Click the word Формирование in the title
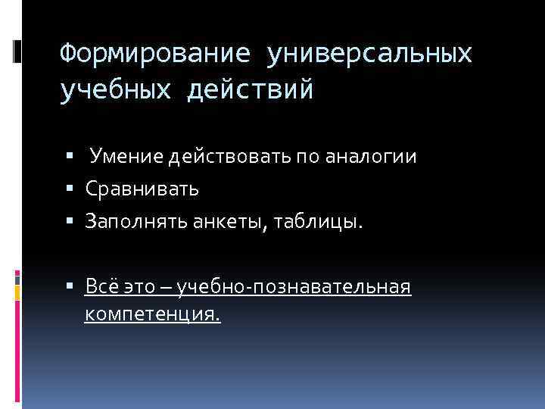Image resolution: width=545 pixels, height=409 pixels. click(154, 54)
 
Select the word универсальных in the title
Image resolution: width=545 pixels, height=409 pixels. click(369, 54)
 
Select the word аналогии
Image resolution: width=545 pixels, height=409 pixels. click(370, 157)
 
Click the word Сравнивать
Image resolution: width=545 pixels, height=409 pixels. click(142, 189)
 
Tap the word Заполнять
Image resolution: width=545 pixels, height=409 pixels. click(129, 222)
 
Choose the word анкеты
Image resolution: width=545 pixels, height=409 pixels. click(214, 222)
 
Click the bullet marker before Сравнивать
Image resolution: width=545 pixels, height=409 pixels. click(70, 189)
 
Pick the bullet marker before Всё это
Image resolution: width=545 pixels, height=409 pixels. click(70, 287)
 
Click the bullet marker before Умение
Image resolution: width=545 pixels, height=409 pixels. click(70, 157)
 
